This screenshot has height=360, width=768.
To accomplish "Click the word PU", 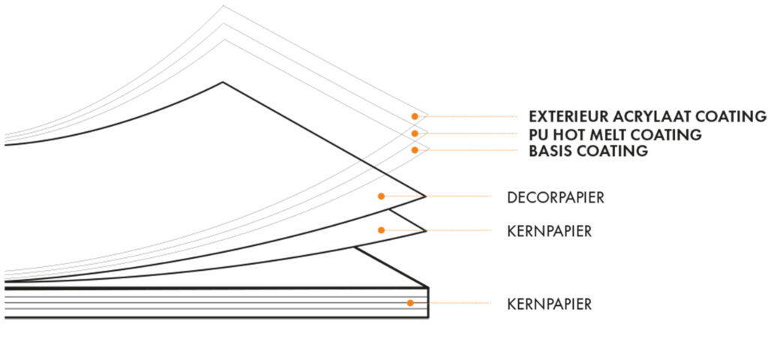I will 538,135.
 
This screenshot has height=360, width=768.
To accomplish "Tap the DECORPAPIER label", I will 556,198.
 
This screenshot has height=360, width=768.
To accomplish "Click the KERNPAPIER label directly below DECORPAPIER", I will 550,232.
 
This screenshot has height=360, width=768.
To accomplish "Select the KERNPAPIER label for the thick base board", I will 550,304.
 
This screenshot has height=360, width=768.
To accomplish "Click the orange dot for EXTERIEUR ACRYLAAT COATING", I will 414,116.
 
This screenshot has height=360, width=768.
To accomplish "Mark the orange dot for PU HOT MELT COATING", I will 414,133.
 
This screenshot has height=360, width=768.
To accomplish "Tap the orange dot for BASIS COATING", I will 414,150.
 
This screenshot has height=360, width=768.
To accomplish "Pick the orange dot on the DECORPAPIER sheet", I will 381,196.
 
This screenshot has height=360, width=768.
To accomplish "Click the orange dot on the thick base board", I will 410,303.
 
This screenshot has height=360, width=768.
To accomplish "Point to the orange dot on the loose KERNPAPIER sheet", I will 381,230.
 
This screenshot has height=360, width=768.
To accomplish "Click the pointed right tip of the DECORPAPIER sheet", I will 425,196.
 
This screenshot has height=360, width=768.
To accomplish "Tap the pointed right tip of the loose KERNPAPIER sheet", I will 425,230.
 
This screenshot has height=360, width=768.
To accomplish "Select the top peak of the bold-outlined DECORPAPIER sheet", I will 222,81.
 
